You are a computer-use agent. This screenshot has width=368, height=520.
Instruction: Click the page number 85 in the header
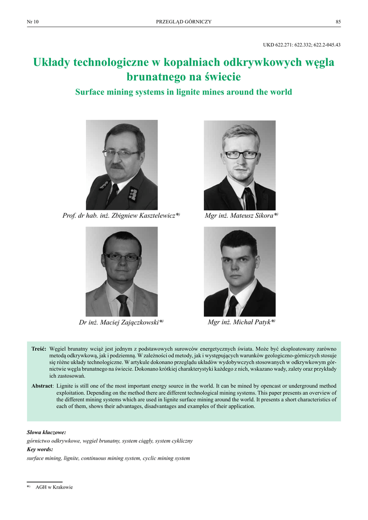pyautogui.click(x=338, y=21)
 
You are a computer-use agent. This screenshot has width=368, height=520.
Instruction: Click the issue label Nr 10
pyautogui.click(x=33, y=21)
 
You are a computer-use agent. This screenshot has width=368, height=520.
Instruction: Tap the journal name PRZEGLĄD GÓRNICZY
pyautogui.click(x=183, y=21)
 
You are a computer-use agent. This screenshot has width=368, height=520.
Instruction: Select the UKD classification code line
pyautogui.click(x=301, y=45)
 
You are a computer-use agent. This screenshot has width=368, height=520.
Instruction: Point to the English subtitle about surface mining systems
pyautogui.click(x=183, y=92)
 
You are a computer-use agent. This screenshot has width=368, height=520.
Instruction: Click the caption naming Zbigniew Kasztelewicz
pyautogui.click(x=121, y=216)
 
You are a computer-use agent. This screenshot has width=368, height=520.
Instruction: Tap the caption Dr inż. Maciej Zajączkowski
pyautogui.click(x=121, y=322)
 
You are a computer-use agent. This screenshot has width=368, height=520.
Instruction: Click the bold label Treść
pyautogui.click(x=39, y=350)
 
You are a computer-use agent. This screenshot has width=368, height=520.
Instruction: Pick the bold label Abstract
pyautogui.click(x=42, y=386)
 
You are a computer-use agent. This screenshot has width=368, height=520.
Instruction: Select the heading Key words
pyautogui.click(x=40, y=449)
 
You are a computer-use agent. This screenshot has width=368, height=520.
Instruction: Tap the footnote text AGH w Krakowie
pyautogui.click(x=54, y=487)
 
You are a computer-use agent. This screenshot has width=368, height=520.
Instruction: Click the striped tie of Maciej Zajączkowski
pyautogui.click(x=124, y=305)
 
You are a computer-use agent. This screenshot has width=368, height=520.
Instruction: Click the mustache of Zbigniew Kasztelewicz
pyautogui.click(x=118, y=166)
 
